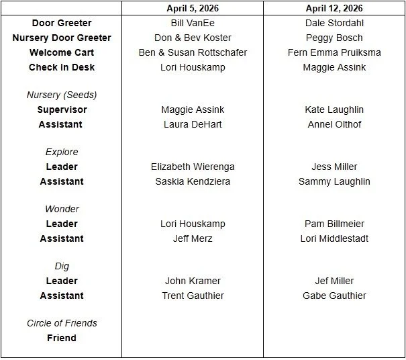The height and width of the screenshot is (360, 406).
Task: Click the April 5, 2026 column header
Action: pos(193,8)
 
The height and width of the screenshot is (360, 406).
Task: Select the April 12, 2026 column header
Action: pos(334,8)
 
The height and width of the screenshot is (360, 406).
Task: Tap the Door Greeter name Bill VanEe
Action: pos(193,23)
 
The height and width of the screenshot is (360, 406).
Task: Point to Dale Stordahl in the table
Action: pos(334,23)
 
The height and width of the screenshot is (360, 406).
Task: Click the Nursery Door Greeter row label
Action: pos(62,38)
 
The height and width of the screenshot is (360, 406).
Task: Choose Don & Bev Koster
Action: pos(193,38)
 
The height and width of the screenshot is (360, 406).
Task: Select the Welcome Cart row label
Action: pos(62,52)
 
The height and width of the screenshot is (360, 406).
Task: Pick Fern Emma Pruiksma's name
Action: pos(334,52)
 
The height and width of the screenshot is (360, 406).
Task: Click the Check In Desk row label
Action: pos(62,67)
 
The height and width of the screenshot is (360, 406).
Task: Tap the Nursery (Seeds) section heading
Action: pos(62,95)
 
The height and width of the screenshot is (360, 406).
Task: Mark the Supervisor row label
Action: pos(62,109)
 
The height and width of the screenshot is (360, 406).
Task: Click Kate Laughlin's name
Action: pos(334,109)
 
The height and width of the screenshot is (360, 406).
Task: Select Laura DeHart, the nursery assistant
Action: pos(193,124)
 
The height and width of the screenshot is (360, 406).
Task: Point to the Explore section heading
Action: pos(62,152)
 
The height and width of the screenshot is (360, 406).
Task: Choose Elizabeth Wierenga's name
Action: pos(193,167)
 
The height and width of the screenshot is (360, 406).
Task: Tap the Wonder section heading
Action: pos(62,209)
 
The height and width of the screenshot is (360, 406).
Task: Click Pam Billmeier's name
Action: pos(334,224)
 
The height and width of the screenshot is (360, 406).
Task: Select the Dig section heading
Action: pos(62,266)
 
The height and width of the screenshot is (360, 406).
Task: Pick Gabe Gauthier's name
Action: pos(334,296)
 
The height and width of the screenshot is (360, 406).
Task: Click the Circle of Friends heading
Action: pos(62,323)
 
